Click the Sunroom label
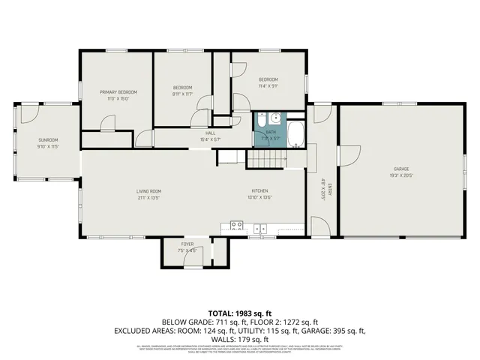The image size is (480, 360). [48, 139]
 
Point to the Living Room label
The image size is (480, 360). [148, 191]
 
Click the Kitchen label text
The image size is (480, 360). [259, 190]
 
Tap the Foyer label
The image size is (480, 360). [187, 244]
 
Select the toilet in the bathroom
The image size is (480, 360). [261, 118]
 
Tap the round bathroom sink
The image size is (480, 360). [276, 117]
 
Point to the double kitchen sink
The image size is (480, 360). [259, 228]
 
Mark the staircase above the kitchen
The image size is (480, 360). [268, 159]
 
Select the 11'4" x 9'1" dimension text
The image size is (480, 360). [268, 85]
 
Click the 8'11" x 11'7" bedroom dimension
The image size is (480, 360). [183, 94]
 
